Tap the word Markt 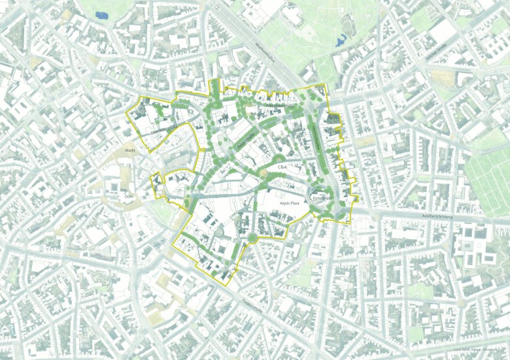(x=129, y=150)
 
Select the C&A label (x=283, y=167)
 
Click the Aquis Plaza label (x=288, y=203)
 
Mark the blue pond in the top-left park (x=103, y=14)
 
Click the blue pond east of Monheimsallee (x=339, y=42)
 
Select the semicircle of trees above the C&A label (x=279, y=159)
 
